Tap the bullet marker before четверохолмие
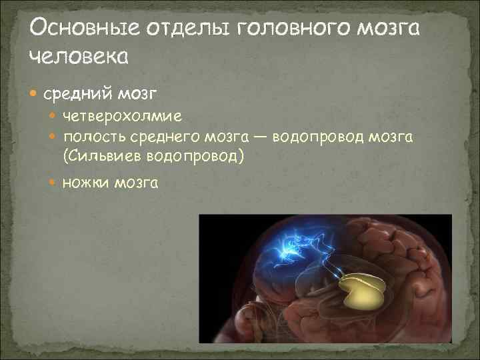click(55, 117)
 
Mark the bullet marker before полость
click(55, 136)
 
